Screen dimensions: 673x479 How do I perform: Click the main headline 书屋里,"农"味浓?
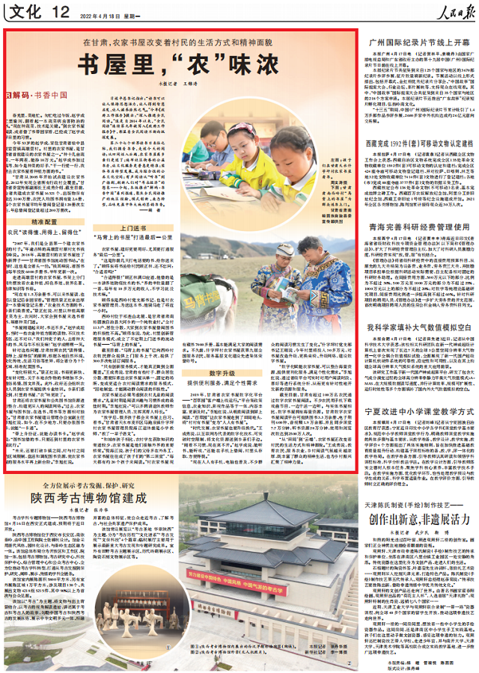tap(181, 63)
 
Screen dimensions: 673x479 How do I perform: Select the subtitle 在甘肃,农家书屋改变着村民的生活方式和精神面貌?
tap(181, 43)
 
